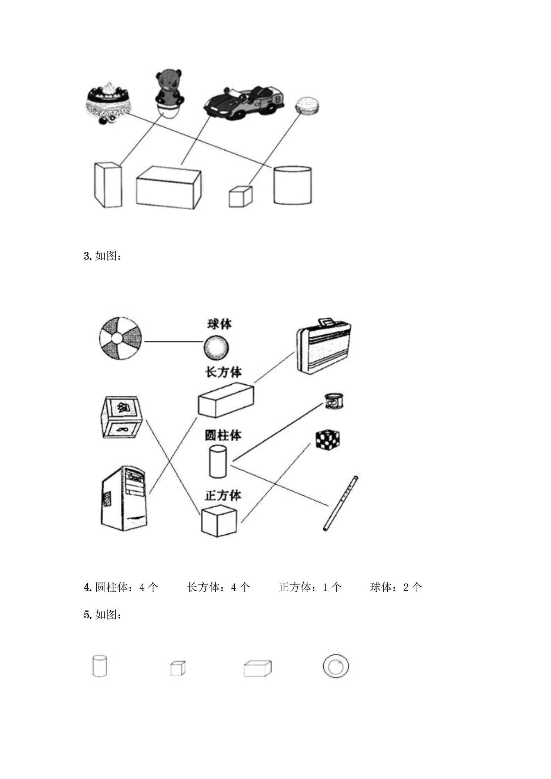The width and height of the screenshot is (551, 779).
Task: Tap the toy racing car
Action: point(244,102)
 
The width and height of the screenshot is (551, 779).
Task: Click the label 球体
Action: point(220,324)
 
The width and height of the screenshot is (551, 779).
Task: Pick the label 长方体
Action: point(223,372)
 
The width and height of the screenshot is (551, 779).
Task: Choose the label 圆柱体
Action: point(223,435)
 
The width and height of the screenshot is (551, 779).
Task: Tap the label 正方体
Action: point(223,495)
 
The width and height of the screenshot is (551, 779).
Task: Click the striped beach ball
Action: point(121,338)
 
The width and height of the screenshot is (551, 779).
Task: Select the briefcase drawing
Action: point(323,346)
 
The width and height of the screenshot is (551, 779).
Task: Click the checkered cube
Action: point(327,440)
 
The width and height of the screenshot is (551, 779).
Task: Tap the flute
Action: point(340,504)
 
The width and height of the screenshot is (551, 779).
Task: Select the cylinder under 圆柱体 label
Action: point(218,461)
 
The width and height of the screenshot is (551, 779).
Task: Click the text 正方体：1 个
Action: point(310,587)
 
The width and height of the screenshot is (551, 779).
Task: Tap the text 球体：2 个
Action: point(396,587)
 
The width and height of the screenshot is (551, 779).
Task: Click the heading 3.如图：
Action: point(103,256)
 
